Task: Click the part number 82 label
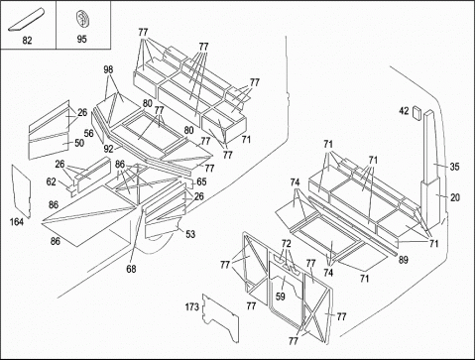coord(27,41)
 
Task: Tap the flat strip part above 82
coord(27,20)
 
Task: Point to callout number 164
coord(17,222)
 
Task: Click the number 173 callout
coord(192,307)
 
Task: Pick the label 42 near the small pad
coord(404,111)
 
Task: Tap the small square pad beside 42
coord(416,113)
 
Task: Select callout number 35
coord(454,167)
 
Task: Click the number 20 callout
coord(455,197)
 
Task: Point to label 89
coord(403,260)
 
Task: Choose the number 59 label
coord(281,296)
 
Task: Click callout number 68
coord(131,269)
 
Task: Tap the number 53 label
coord(190,234)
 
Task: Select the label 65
coord(201,181)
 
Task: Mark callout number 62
coord(51,181)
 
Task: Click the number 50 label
coord(79,143)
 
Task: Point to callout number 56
coord(88,134)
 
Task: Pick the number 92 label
coord(108,149)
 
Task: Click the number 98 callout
coord(108,69)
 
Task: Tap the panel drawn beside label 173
coord(221,318)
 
